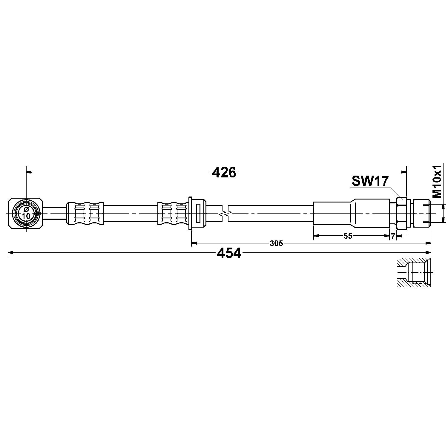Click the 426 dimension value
[224, 172]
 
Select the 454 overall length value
[229, 253]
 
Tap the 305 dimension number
[276, 243]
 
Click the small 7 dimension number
[393, 236]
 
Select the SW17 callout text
[370, 181]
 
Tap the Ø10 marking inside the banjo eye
[26, 213]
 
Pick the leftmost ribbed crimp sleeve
[85, 213]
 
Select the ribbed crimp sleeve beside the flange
[173, 213]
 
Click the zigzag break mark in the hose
[225, 213]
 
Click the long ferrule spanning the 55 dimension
[351, 213]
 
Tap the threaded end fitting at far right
[421, 213]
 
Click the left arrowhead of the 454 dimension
[10, 253]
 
